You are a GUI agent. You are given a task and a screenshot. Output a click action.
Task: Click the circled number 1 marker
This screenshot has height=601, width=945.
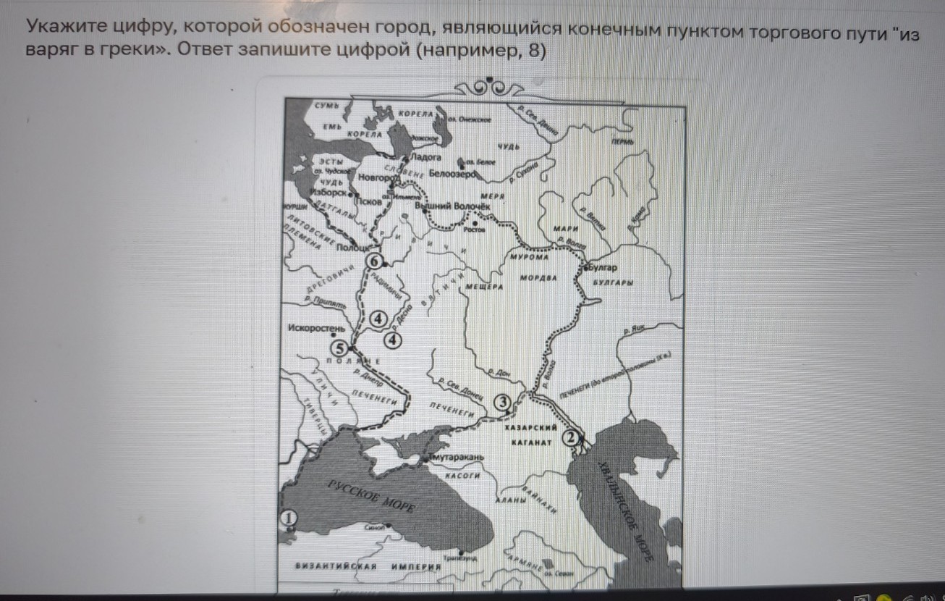pyautogui.click(x=288, y=518)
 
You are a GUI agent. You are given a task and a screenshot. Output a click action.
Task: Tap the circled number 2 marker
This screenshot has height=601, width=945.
pyautogui.click(x=570, y=437)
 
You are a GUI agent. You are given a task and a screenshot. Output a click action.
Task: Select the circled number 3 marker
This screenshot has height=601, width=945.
pyautogui.click(x=501, y=402)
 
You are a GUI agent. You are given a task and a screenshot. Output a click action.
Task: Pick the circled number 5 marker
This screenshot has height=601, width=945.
pyautogui.click(x=337, y=347)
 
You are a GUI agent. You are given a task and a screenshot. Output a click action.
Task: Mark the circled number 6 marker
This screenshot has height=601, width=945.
pyautogui.click(x=373, y=261)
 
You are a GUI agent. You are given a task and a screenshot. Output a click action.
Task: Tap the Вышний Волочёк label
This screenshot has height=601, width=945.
pyautogui.click(x=452, y=206)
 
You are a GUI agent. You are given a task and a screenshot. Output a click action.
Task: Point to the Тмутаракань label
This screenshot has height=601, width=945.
pyautogui.click(x=457, y=458)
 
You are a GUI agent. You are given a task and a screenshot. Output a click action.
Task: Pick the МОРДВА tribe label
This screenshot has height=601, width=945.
pyautogui.click(x=538, y=278)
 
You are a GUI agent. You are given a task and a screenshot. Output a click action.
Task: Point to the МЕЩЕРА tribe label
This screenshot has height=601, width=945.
pyautogui.click(x=483, y=286)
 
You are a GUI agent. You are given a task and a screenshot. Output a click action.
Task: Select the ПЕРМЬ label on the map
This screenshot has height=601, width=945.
pyautogui.click(x=620, y=142)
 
